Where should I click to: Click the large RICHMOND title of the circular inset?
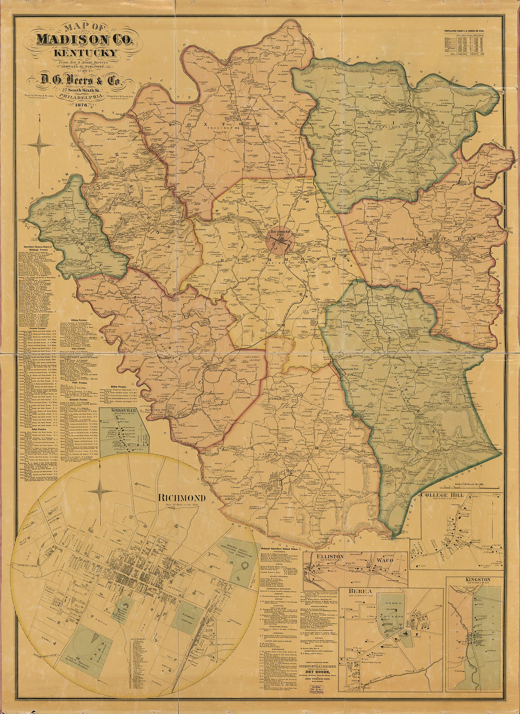pos(182,498)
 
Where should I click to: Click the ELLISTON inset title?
pos(331,557)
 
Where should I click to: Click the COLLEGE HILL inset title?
pos(442,495)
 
